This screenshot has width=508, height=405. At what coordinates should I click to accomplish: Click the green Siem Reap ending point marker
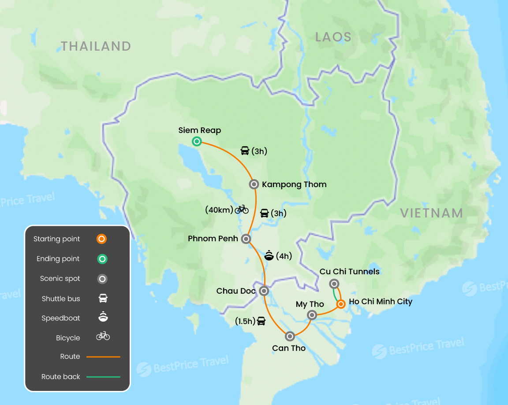click(x=197, y=141)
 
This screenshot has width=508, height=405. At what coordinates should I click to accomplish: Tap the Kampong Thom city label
click(x=294, y=184)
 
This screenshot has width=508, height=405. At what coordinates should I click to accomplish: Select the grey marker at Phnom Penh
click(x=246, y=239)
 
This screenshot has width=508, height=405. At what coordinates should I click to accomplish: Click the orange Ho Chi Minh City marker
click(x=341, y=304)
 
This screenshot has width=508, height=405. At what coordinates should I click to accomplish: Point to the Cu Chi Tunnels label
click(x=350, y=272)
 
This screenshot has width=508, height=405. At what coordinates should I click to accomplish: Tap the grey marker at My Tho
click(x=312, y=315)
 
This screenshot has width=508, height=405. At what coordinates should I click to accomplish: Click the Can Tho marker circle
click(x=290, y=336)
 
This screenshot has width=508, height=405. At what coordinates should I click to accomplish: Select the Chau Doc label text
click(x=236, y=291)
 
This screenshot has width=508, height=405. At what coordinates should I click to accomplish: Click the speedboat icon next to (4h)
click(x=269, y=255)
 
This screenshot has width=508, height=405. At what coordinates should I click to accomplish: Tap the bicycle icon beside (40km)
click(x=242, y=210)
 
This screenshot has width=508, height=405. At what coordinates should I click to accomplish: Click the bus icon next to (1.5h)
click(x=261, y=321)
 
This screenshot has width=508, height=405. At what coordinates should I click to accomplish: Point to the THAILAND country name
click(x=96, y=46)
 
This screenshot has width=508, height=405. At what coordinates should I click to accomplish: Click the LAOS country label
click(x=333, y=37)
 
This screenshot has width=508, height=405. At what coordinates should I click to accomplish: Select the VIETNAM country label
click(x=431, y=213)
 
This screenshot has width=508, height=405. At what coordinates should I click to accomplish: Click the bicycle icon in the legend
click(x=103, y=336)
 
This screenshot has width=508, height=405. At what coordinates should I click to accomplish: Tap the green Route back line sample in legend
click(x=103, y=377)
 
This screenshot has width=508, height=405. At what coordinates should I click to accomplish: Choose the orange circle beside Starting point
click(x=102, y=239)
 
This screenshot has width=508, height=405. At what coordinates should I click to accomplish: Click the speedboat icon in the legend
click(x=103, y=317)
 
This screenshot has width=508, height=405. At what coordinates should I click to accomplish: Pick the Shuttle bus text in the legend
click(x=61, y=298)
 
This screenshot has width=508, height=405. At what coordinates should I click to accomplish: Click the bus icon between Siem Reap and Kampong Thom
click(x=245, y=151)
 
